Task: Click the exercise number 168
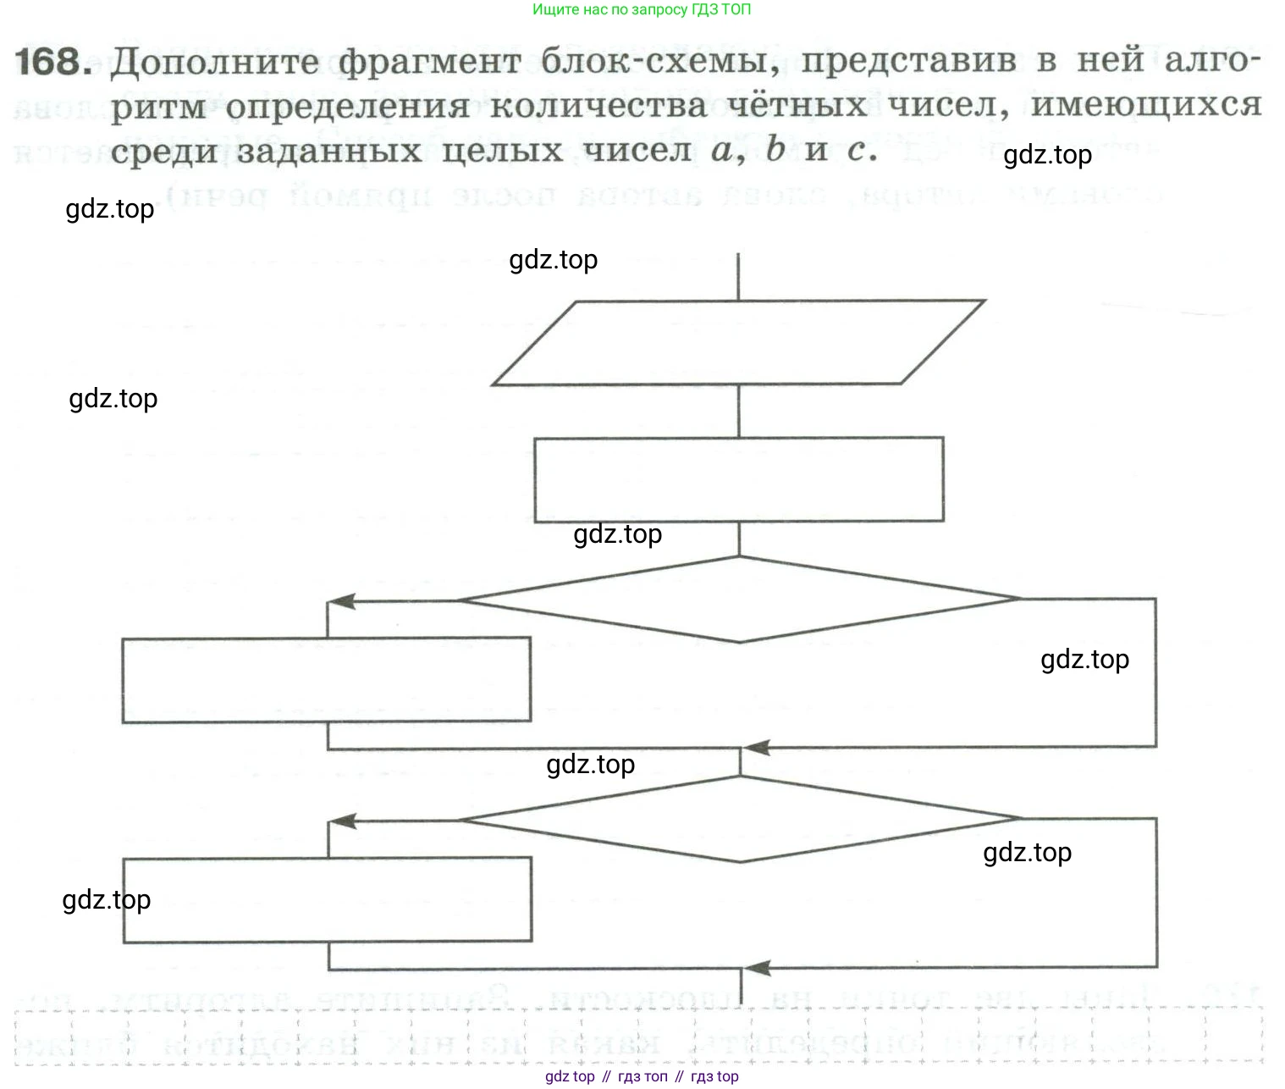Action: pos(52,62)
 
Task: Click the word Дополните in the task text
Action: pos(215,62)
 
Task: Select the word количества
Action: pos(598,106)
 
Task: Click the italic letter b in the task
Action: pos(775,150)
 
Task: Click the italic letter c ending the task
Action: pos(857,151)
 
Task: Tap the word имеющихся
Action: pos(1145,106)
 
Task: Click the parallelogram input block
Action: pos(738,343)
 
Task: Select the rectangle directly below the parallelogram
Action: pos(738,479)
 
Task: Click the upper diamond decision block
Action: pos(738,600)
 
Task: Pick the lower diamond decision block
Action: pos(738,820)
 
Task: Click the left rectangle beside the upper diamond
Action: pos(326,680)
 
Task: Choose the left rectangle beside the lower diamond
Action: pos(327,899)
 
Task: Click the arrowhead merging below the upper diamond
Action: pos(756,748)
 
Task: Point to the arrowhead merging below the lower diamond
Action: pos(757,968)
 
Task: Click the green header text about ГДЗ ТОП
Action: pos(641,9)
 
